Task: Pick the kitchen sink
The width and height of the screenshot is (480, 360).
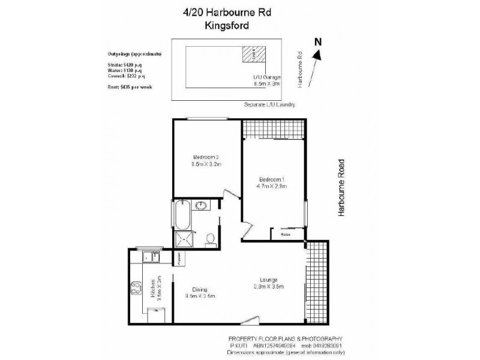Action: click(x=150, y=257)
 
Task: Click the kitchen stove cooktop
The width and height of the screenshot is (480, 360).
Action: click(x=134, y=291)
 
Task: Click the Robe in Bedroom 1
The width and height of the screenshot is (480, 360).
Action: click(x=286, y=235)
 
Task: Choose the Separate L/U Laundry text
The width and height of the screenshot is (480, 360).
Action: click(x=269, y=104)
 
